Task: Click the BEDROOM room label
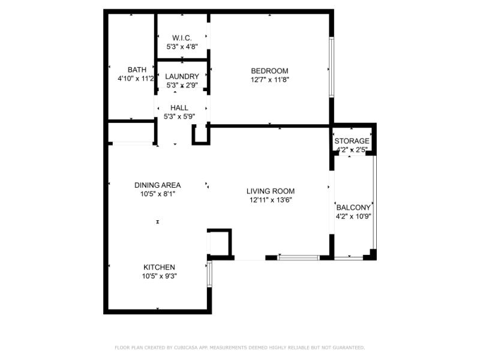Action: pos(269,71)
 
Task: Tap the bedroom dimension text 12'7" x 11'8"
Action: pos(269,80)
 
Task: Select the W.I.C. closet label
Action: pos(182,38)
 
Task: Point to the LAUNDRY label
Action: pos(182,76)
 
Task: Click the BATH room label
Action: pos(137,70)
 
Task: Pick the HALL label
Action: pos(179,108)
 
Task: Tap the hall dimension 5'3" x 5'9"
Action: pos(179,117)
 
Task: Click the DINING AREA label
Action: pos(157,185)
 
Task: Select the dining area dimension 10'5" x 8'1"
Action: pos(157,194)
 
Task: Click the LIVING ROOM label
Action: pos(271,191)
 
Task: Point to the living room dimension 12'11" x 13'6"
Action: pos(271,200)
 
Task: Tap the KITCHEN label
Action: pos(159,267)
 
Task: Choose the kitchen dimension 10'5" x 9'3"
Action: pos(159,276)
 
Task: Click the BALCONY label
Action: pos(353,208)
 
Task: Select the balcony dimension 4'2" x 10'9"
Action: pos(353,217)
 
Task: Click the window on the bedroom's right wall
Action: pos(330,67)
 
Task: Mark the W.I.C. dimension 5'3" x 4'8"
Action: pos(182,47)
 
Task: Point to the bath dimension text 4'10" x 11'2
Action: pos(136,79)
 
